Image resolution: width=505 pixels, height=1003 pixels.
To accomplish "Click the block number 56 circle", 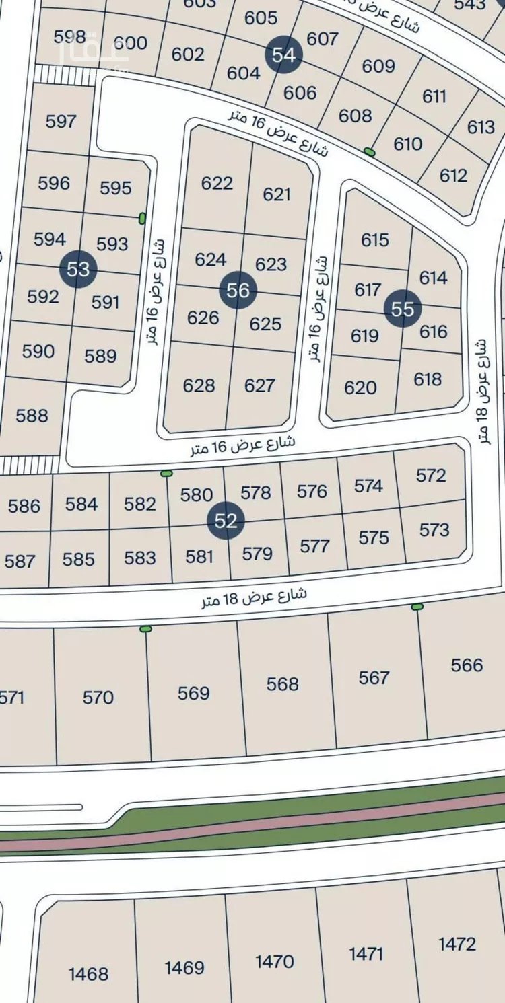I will [x=238, y=290].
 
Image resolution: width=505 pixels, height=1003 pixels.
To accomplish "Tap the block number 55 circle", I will [x=403, y=309].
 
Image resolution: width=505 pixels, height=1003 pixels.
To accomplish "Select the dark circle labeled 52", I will [x=226, y=521].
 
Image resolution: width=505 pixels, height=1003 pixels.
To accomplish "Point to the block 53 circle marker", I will [x=78, y=270].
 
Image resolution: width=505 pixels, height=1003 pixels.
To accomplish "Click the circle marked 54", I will [x=283, y=54].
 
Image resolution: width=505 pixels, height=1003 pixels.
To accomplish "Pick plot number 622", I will [x=217, y=183].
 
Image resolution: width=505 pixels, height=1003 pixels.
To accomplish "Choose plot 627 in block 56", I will [x=260, y=385].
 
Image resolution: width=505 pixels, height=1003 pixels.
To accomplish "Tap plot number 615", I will [x=375, y=239].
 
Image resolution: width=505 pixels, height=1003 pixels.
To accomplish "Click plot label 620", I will [x=360, y=387].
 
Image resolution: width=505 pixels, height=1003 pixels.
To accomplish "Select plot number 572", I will [x=431, y=476].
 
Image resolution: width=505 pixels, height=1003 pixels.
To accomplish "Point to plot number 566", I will [x=467, y=665].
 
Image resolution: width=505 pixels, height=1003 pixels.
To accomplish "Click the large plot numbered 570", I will [x=98, y=698].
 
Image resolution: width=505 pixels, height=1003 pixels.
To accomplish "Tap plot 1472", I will [x=457, y=944].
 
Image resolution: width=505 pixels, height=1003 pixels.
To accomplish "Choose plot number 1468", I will [x=88, y=973].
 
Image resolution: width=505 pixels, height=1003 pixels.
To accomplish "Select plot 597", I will [x=61, y=121].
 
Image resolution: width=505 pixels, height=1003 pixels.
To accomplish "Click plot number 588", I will [x=32, y=415].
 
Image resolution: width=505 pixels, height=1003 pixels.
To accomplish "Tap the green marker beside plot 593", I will [x=142, y=218].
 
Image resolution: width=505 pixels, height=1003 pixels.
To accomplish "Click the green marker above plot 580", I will [x=166, y=474].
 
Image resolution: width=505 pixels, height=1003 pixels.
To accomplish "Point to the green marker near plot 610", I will [x=369, y=151].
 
